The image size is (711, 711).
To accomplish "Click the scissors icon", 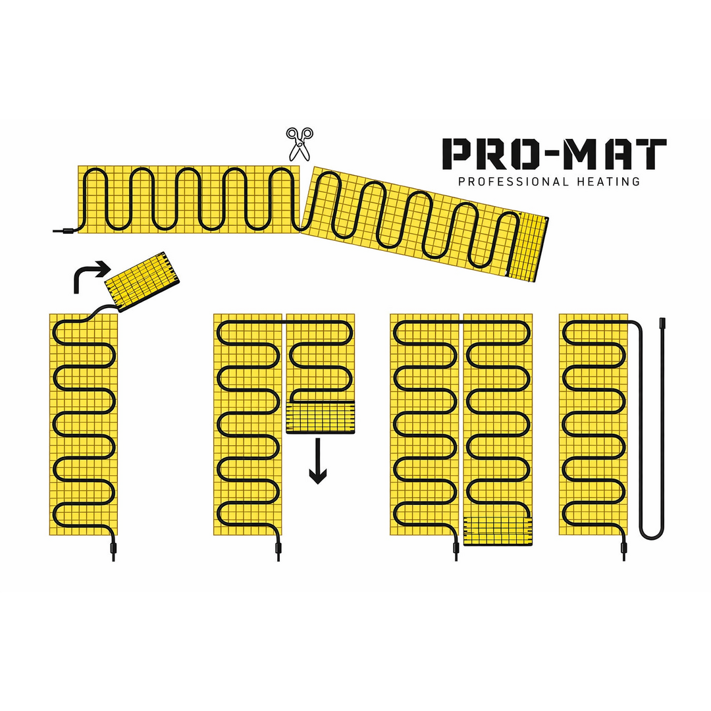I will (x=299, y=144).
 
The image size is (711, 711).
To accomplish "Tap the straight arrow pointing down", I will (x=318, y=461).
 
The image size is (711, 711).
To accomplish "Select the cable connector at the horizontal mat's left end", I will (x=67, y=230).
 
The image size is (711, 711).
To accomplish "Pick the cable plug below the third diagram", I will (x=455, y=546).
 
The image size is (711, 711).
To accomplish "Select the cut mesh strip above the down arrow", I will (x=320, y=418).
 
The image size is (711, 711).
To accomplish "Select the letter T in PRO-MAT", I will (x=651, y=153).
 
